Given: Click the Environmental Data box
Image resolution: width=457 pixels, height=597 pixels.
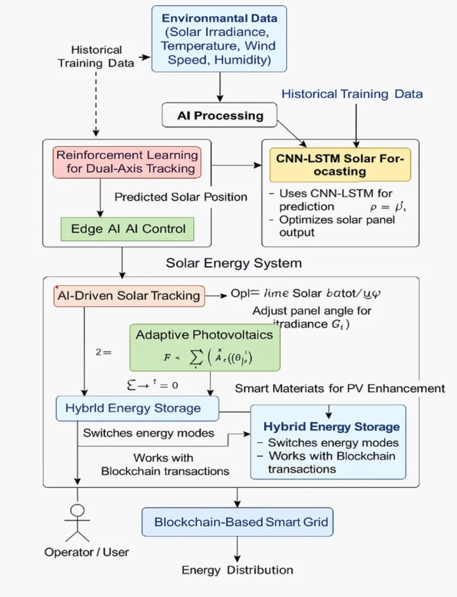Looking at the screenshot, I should [x=219, y=38].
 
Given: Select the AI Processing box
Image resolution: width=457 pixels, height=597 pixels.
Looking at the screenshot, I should [x=219, y=115].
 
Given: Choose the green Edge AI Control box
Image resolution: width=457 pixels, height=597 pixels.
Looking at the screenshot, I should [x=127, y=229].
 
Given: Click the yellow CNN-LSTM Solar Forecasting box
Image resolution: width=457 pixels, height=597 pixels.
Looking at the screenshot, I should [x=340, y=164].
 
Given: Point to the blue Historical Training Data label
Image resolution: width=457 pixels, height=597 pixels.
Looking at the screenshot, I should [x=352, y=94].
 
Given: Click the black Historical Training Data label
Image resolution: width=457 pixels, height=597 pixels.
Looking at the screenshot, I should [x=97, y=57].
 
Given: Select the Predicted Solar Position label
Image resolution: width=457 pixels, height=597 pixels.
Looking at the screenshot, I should [x=180, y=197].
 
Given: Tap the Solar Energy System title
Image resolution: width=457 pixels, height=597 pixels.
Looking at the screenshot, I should [x=233, y=263].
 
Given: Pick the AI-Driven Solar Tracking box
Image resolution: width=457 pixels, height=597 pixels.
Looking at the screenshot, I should [x=129, y=296].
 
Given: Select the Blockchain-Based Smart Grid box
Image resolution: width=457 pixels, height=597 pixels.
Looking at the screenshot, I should [x=238, y=522].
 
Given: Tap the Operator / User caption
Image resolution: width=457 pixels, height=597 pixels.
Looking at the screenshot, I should [x=87, y=552].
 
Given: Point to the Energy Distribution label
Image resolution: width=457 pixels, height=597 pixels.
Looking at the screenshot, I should [x=237, y=570].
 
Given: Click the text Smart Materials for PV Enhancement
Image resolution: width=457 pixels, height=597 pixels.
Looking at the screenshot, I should [x=340, y=388].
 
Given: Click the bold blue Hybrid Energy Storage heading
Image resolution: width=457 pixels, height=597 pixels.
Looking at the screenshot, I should [x=331, y=427].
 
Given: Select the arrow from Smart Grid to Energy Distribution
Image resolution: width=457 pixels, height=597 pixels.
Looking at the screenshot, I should [x=238, y=548].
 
